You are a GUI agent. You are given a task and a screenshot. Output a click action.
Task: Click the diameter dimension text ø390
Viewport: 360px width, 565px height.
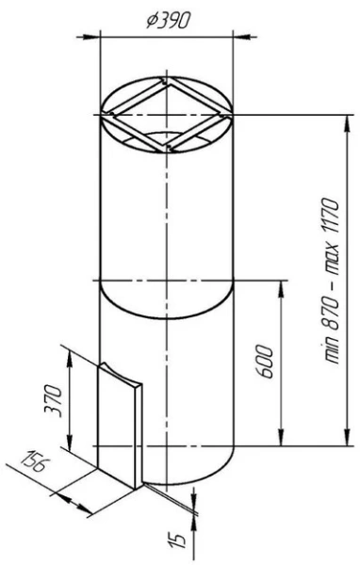(168, 22)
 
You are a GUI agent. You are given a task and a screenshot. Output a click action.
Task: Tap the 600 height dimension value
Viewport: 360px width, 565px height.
(266, 362)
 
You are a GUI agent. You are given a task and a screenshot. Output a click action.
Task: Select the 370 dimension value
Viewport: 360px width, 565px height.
(53, 401)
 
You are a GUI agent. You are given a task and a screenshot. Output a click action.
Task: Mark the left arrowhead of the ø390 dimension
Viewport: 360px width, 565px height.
(91, 37)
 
